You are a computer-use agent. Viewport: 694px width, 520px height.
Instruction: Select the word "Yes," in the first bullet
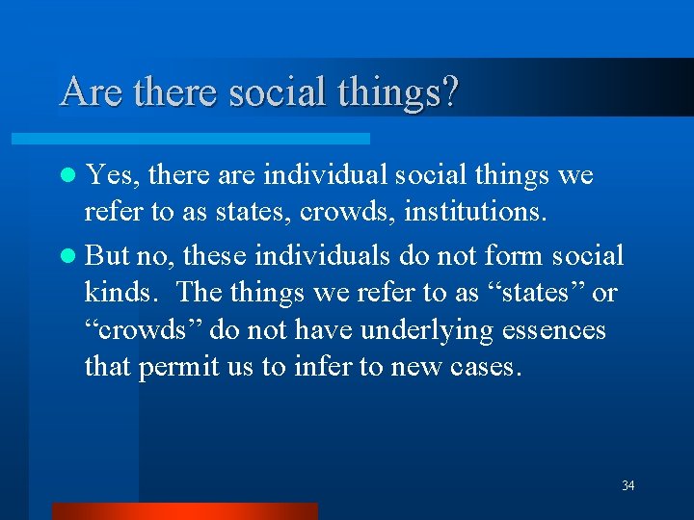tap(112, 176)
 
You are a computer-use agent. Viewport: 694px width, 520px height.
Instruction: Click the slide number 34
tap(627, 485)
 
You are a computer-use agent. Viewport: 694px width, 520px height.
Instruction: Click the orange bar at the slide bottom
tap(183, 511)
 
